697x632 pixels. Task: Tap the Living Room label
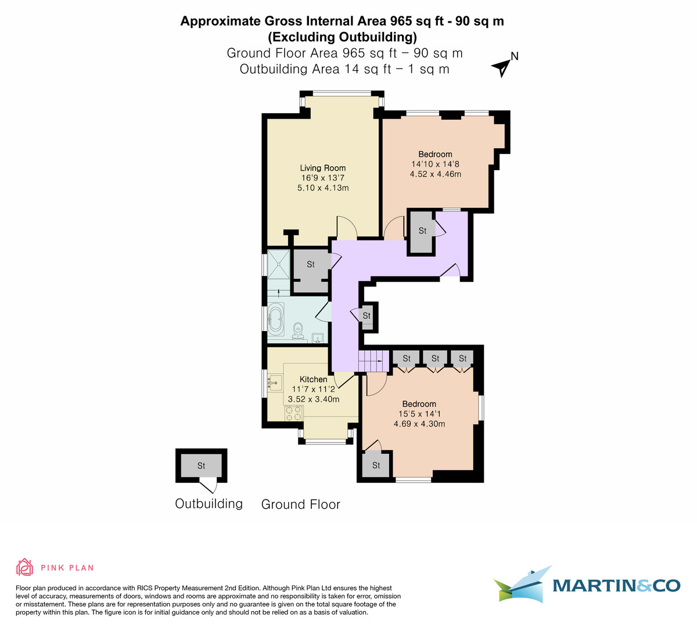[x=322, y=168]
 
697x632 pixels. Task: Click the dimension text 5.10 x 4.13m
[x=322, y=188]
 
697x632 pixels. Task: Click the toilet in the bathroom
[x=299, y=329]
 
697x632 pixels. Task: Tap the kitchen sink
[x=275, y=382]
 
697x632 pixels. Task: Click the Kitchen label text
[x=313, y=379]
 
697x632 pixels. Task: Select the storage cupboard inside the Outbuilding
[x=201, y=466]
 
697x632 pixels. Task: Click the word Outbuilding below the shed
[x=209, y=504]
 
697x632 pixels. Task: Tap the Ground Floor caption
[x=300, y=504]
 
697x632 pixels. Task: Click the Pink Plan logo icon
[x=24, y=567]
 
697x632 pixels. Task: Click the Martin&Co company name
[x=616, y=585]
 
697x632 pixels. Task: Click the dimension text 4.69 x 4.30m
[x=419, y=424]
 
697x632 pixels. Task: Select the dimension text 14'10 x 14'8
[x=435, y=164]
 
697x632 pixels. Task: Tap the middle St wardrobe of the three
[x=435, y=358]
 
